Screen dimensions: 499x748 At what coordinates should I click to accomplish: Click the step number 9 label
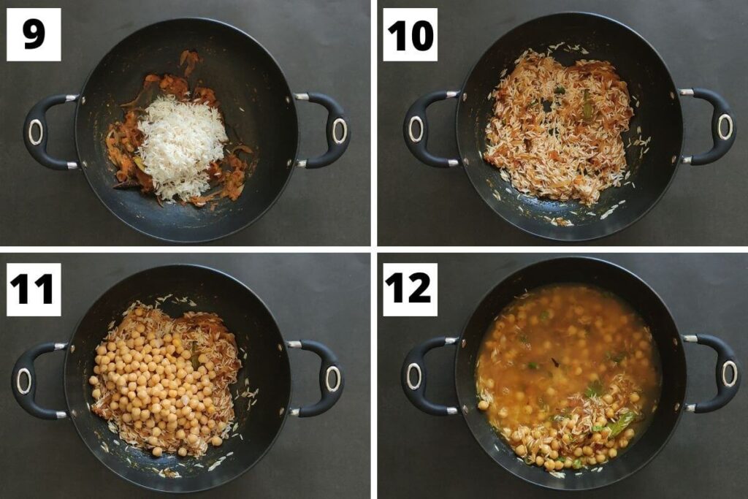[34, 34]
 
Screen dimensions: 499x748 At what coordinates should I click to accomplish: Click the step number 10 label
[410, 34]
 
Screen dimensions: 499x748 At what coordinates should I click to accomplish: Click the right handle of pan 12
[720, 373]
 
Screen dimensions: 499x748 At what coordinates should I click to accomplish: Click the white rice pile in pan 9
[182, 145]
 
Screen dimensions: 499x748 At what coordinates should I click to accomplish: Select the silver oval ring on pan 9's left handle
[35, 132]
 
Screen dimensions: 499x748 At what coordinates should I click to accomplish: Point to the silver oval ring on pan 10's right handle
[724, 126]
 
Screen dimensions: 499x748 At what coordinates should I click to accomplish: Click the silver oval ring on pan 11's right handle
[333, 378]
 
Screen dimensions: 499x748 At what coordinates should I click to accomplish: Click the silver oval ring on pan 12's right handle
[728, 373]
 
